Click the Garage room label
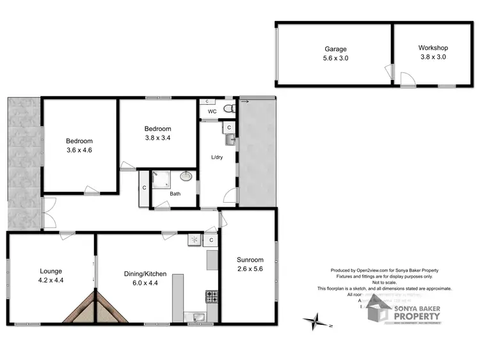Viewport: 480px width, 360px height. pos(335,49)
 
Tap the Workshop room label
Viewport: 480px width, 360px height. pos(433,47)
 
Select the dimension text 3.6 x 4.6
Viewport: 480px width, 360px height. pos(79,150)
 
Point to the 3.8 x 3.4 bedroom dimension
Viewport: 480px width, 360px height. pos(157,137)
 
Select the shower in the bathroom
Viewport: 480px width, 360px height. pos(157,178)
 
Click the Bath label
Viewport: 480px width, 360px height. pos(175,194)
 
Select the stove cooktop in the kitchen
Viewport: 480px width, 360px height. pos(211,296)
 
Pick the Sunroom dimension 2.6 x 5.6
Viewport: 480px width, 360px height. pos(250,269)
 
